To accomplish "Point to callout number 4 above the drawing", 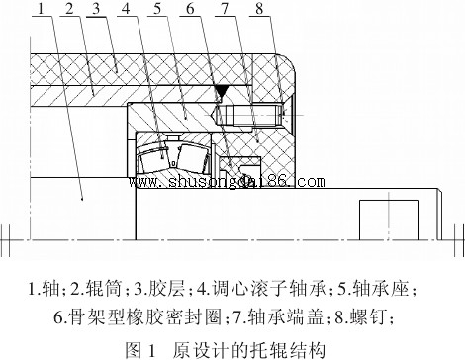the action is point(128,11).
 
